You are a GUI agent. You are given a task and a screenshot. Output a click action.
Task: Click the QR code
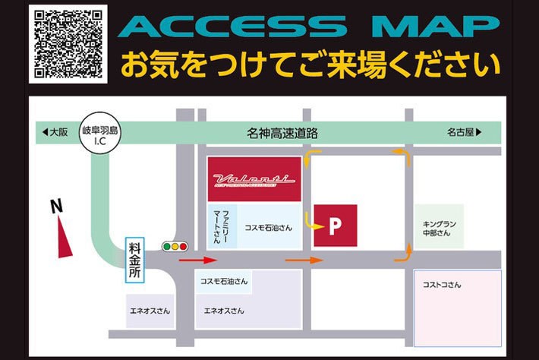point(68,43)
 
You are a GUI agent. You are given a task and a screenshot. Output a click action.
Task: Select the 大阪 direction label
point(54,132)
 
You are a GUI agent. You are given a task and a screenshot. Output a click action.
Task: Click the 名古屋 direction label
point(464,132)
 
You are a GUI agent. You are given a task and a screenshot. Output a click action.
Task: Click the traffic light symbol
point(175,246)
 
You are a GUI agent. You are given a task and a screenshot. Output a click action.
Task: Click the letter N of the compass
point(55,206)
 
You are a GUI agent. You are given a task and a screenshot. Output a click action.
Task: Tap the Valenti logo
point(254,179)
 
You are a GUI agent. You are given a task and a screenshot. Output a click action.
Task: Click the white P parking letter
point(335,226)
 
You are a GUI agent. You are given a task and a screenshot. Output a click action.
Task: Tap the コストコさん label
point(442,285)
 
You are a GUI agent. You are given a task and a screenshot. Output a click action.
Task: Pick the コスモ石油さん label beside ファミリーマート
point(269,226)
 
